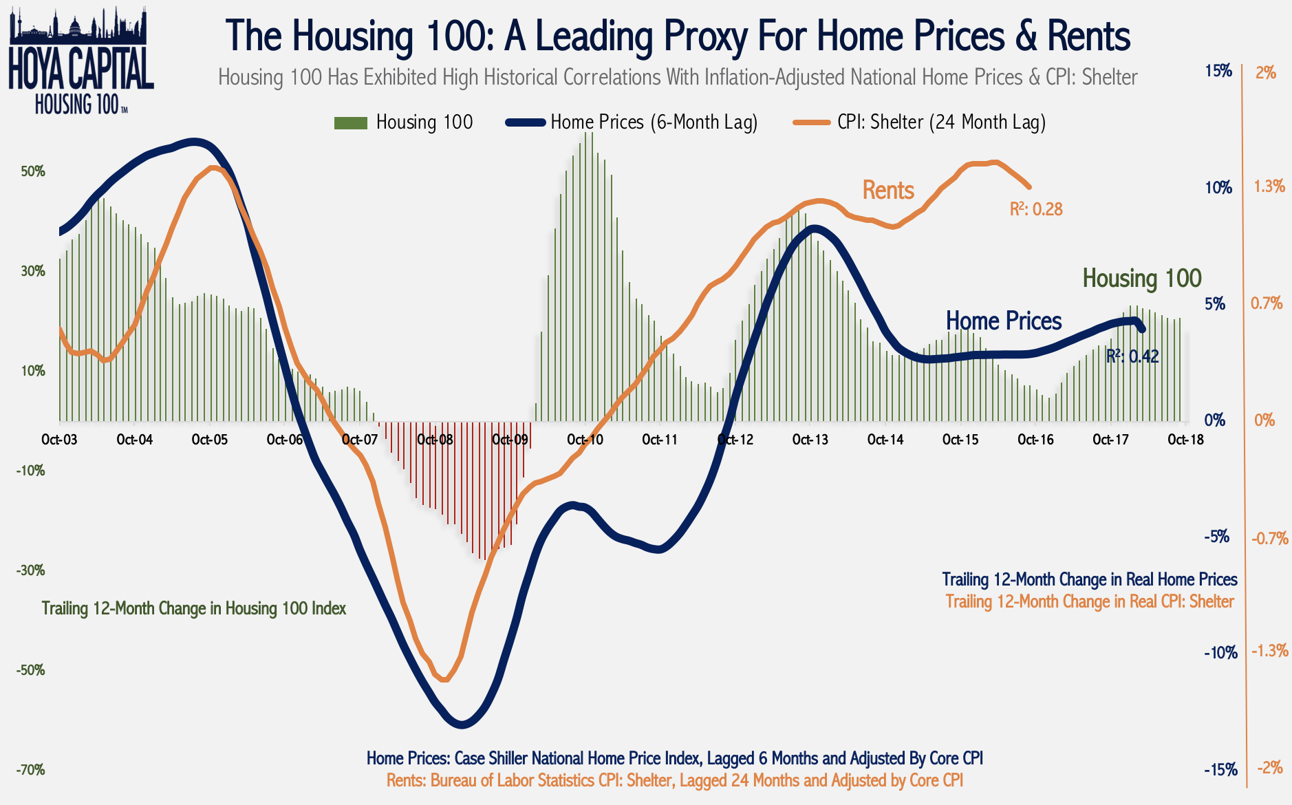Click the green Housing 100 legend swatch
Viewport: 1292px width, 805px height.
click(x=350, y=123)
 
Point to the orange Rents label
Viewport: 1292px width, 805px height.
click(x=887, y=190)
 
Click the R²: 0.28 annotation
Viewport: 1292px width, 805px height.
click(x=1035, y=209)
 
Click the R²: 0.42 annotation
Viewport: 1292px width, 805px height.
click(x=1132, y=356)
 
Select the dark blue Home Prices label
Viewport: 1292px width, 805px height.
click(x=1003, y=321)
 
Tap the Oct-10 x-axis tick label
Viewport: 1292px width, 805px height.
click(x=585, y=440)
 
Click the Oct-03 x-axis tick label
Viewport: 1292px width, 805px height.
click(x=59, y=440)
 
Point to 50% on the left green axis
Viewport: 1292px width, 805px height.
click(x=33, y=171)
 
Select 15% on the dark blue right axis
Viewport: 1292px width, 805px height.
click(x=1218, y=71)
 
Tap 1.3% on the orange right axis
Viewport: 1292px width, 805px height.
click(x=1269, y=186)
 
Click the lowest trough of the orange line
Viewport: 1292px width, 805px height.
click(x=444, y=680)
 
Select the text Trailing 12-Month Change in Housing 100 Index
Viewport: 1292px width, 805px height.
click(x=194, y=608)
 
